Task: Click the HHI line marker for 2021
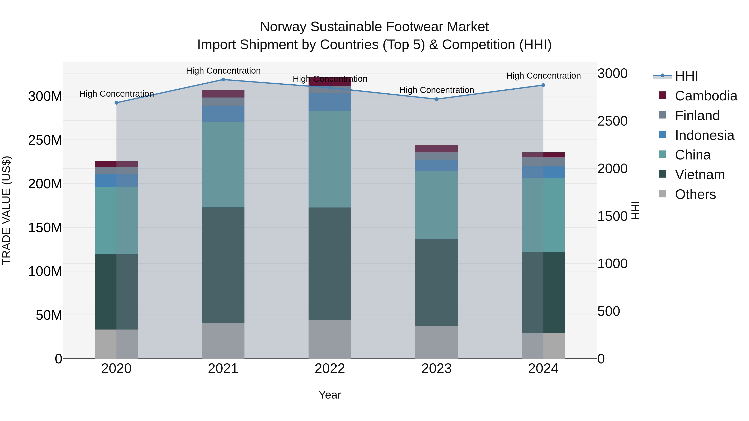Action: [223, 80]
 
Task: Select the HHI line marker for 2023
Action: [437, 99]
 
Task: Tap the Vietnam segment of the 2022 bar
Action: [330, 264]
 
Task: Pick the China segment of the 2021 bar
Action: [223, 164]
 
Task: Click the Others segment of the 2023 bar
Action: [437, 342]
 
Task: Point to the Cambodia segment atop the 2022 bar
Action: [330, 81]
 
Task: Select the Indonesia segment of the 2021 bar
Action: [223, 114]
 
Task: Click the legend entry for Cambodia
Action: [706, 96]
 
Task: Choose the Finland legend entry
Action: [697, 116]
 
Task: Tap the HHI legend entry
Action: [686, 76]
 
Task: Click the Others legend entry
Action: [695, 194]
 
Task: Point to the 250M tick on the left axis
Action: [45, 140]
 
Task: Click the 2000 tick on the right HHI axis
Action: [612, 169]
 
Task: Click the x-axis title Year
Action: [330, 395]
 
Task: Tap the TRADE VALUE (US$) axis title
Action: [6, 210]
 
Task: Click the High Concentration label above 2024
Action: [543, 76]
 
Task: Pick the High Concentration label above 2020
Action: [116, 94]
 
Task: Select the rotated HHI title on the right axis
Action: [636, 210]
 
